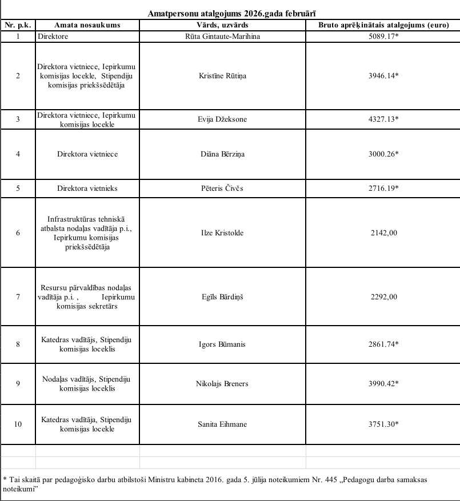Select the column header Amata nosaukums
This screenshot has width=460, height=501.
(87, 25)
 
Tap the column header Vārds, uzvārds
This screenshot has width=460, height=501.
(222, 25)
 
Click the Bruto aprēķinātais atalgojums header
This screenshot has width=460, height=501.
(383, 25)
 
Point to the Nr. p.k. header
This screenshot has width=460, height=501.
(18, 25)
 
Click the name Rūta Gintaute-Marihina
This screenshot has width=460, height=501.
(222, 36)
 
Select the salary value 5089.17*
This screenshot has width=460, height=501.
(383, 36)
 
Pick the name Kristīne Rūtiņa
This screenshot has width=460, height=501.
(222, 75)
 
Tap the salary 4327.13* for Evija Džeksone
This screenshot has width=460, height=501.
(383, 119)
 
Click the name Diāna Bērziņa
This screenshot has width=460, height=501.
(222, 154)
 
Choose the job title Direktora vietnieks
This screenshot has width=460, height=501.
(87, 188)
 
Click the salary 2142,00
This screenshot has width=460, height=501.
(383, 232)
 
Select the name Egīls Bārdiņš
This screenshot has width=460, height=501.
(222, 296)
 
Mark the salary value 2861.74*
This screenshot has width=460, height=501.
(383, 344)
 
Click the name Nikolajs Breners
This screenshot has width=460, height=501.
(222, 383)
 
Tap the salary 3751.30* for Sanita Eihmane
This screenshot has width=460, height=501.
(383, 423)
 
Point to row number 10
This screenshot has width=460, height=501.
(18, 423)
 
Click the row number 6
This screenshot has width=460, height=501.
(18, 232)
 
